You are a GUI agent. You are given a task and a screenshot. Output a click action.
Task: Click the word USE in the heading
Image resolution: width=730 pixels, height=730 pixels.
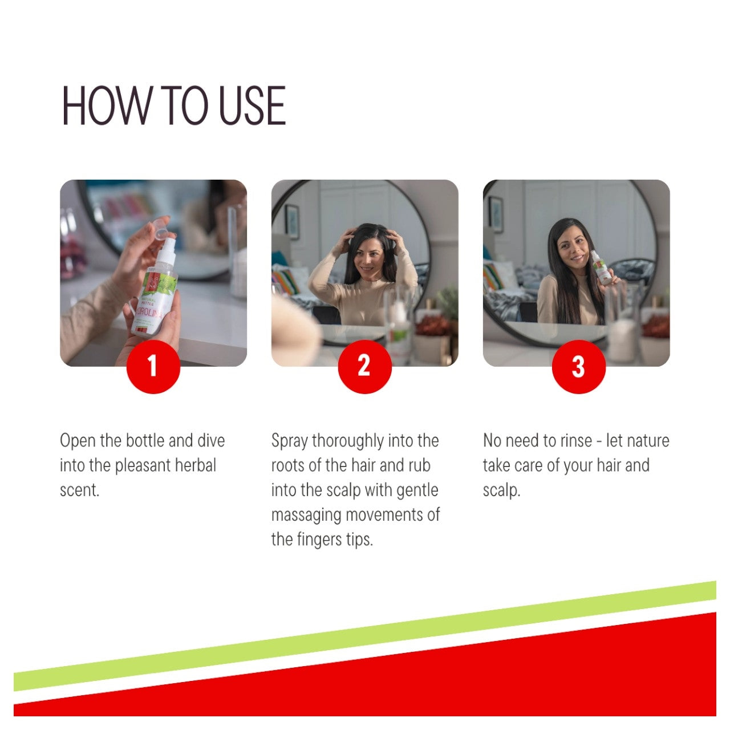(x=252, y=106)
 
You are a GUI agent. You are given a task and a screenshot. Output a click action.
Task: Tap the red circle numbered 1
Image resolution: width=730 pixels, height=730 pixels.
(x=153, y=367)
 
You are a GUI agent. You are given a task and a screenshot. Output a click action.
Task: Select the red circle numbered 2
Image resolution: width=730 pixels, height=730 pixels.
(x=364, y=367)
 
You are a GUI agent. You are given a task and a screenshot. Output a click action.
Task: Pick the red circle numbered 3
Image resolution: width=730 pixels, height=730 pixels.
(x=578, y=367)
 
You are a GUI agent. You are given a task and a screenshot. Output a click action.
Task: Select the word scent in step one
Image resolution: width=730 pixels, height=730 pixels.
(x=79, y=490)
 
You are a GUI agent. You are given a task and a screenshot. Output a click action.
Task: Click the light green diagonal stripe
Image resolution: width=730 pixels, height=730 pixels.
(x=365, y=636)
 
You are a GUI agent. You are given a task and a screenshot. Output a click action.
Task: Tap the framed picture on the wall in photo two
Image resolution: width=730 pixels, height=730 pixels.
(x=291, y=221)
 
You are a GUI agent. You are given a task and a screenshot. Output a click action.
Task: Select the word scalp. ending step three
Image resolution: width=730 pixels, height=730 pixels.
(x=501, y=491)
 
